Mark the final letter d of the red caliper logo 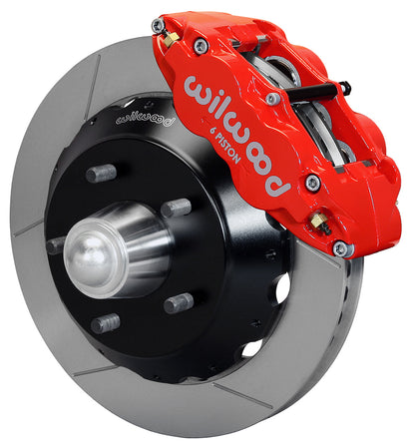click(280, 184)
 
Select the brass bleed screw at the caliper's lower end click(318, 219)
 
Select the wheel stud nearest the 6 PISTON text click(176, 208)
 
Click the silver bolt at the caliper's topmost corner click(159, 25)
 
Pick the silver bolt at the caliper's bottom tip click(342, 249)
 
